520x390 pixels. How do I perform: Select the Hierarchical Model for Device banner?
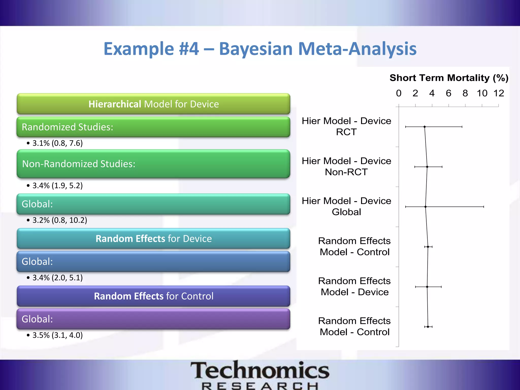point(153,104)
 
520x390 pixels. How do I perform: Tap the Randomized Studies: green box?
point(153,127)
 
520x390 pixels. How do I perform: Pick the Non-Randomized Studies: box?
point(153,164)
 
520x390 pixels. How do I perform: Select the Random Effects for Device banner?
point(153,239)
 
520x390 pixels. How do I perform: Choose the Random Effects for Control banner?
point(153,296)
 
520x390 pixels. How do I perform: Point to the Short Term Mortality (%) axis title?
point(449,78)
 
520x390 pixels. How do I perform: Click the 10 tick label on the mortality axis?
point(482,93)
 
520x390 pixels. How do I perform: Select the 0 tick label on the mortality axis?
point(399,93)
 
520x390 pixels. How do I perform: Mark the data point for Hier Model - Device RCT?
point(425,127)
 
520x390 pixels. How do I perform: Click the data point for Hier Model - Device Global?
point(426,207)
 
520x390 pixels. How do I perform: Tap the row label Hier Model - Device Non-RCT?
point(346,166)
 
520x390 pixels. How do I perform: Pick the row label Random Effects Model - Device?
point(354,286)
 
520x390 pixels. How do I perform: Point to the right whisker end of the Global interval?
point(484,207)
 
